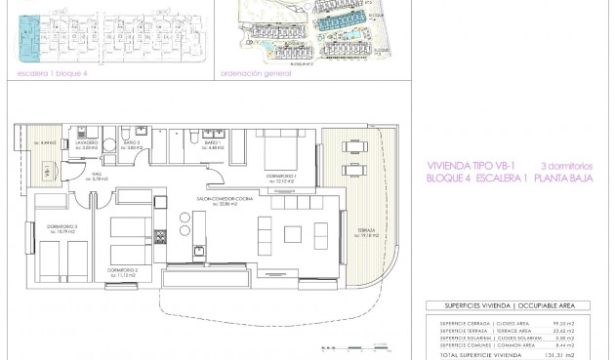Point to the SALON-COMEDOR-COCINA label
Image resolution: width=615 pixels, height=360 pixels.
(219, 198)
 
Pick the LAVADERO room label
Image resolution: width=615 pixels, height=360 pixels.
(88, 142)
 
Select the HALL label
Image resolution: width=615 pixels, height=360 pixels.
(98, 176)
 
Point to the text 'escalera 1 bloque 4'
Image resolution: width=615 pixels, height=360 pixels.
(46, 71)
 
